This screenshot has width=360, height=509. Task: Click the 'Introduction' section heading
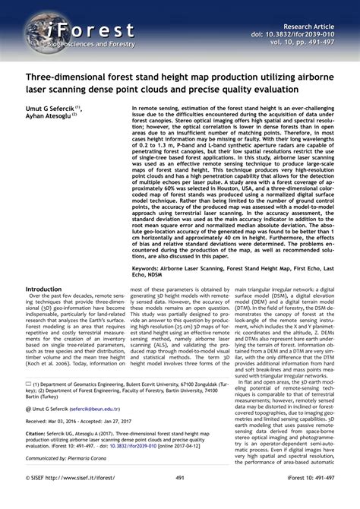pyautogui.click(x=44, y=289)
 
